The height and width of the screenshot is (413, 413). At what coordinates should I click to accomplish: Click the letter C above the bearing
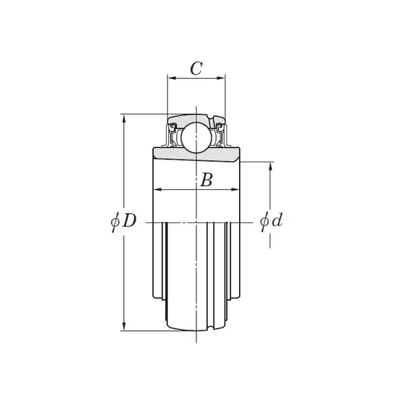click(x=196, y=69)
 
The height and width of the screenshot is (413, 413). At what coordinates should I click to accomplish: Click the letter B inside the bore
click(x=206, y=180)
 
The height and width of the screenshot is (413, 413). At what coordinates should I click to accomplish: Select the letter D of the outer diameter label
click(x=129, y=220)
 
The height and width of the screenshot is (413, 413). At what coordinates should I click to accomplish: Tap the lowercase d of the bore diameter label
click(x=277, y=220)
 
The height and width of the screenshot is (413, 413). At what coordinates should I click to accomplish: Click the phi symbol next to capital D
click(x=114, y=222)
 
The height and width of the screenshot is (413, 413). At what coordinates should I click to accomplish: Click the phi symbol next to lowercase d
click(x=264, y=221)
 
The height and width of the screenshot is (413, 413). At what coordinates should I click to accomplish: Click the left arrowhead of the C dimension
click(x=172, y=78)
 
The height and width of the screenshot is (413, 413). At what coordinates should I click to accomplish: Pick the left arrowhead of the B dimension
click(x=157, y=189)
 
